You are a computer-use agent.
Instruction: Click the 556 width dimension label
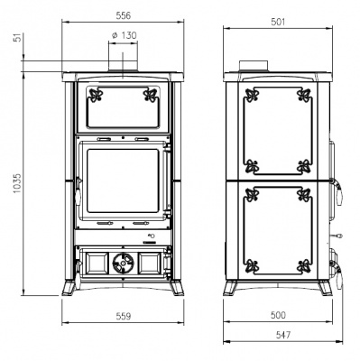124,15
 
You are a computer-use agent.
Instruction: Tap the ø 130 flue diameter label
124,35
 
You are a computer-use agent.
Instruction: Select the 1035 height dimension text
17,183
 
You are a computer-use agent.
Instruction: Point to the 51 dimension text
19,38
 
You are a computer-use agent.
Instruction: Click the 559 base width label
124,316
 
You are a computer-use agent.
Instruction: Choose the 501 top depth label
278,22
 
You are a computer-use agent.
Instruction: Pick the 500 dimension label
278,315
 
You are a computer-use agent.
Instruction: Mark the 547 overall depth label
283,335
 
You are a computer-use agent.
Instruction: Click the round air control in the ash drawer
123,263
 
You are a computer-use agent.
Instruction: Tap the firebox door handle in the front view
78,193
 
